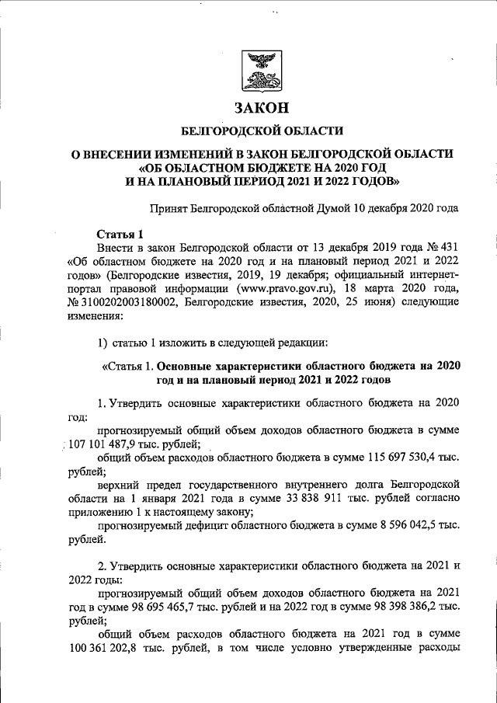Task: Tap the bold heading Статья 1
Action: tap(120, 234)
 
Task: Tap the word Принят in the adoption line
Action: tap(169, 207)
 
